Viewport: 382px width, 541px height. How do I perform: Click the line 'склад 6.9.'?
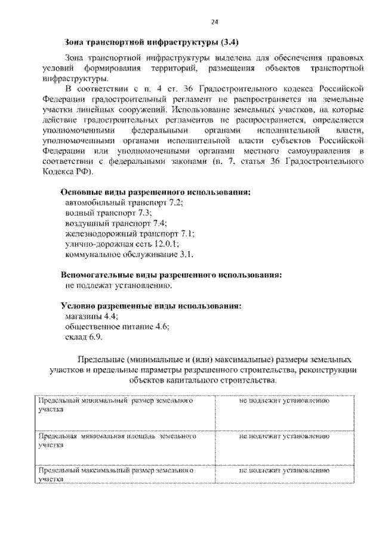pyautogui.click(x=84, y=337)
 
